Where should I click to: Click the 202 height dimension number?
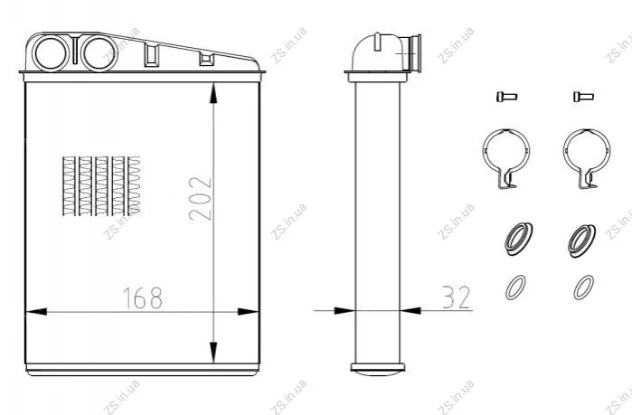[200, 198]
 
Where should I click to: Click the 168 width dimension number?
[142, 298]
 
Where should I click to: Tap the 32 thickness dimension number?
[457, 297]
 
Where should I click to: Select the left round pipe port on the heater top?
[52, 52]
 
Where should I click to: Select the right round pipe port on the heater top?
[99, 52]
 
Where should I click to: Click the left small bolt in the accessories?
[506, 97]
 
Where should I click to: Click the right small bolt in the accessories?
[583, 97]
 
